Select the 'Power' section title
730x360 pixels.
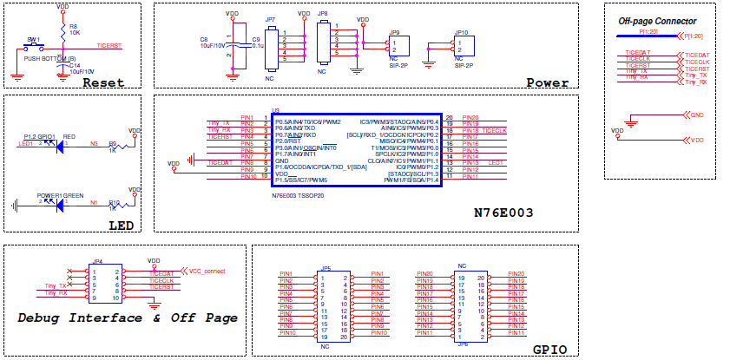click(x=548, y=83)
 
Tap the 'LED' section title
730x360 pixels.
click(x=121, y=226)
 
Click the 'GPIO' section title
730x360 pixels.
click(x=549, y=349)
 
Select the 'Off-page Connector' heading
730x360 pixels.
click(x=656, y=21)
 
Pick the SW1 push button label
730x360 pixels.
click(x=34, y=39)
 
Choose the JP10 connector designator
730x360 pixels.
click(x=461, y=32)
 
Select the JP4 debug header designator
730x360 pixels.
click(x=98, y=261)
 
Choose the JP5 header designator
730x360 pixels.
click(x=326, y=269)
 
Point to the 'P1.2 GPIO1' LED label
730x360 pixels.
click(x=40, y=137)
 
